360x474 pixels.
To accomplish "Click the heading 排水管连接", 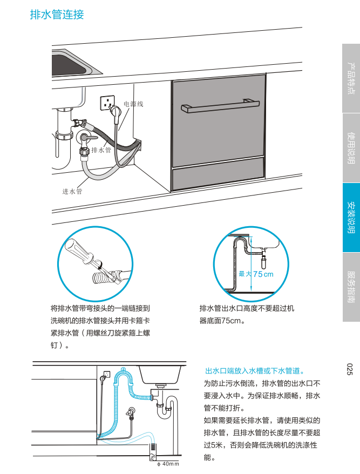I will [57, 15].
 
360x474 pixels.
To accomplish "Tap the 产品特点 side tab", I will [351, 79].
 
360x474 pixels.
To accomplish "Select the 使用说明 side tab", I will [351, 148].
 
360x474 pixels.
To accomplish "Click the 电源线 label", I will [133, 103].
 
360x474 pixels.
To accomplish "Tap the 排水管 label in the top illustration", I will [101, 150].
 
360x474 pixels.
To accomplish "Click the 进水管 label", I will [72, 191].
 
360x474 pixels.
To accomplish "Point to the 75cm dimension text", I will [263, 274].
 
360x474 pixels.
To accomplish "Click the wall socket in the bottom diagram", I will [107, 374].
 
